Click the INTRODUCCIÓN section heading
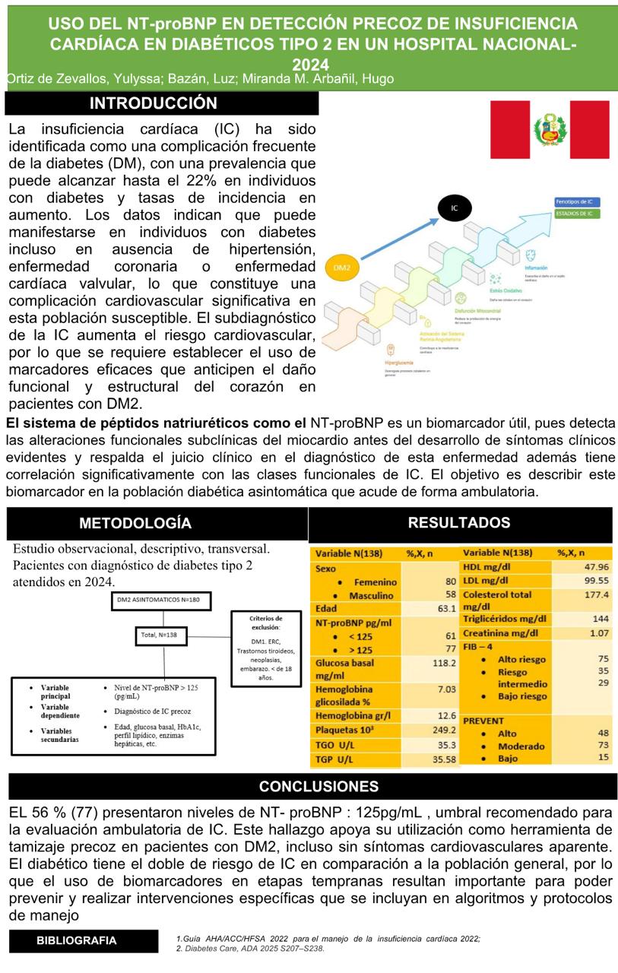pyautogui.click(x=154, y=103)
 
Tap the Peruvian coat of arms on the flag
pyautogui.click(x=550, y=129)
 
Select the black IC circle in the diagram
pyautogui.click(x=455, y=208)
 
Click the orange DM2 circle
pyautogui.click(x=342, y=267)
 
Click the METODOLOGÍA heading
pyautogui.click(x=135, y=523)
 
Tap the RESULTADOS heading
pyautogui.click(x=459, y=522)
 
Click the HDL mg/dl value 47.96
pyautogui.click(x=596, y=567)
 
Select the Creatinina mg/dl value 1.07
pyautogui.click(x=599, y=632)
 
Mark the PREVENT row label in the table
pyautogui.click(x=483, y=720)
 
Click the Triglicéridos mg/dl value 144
pyautogui.click(x=601, y=619)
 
